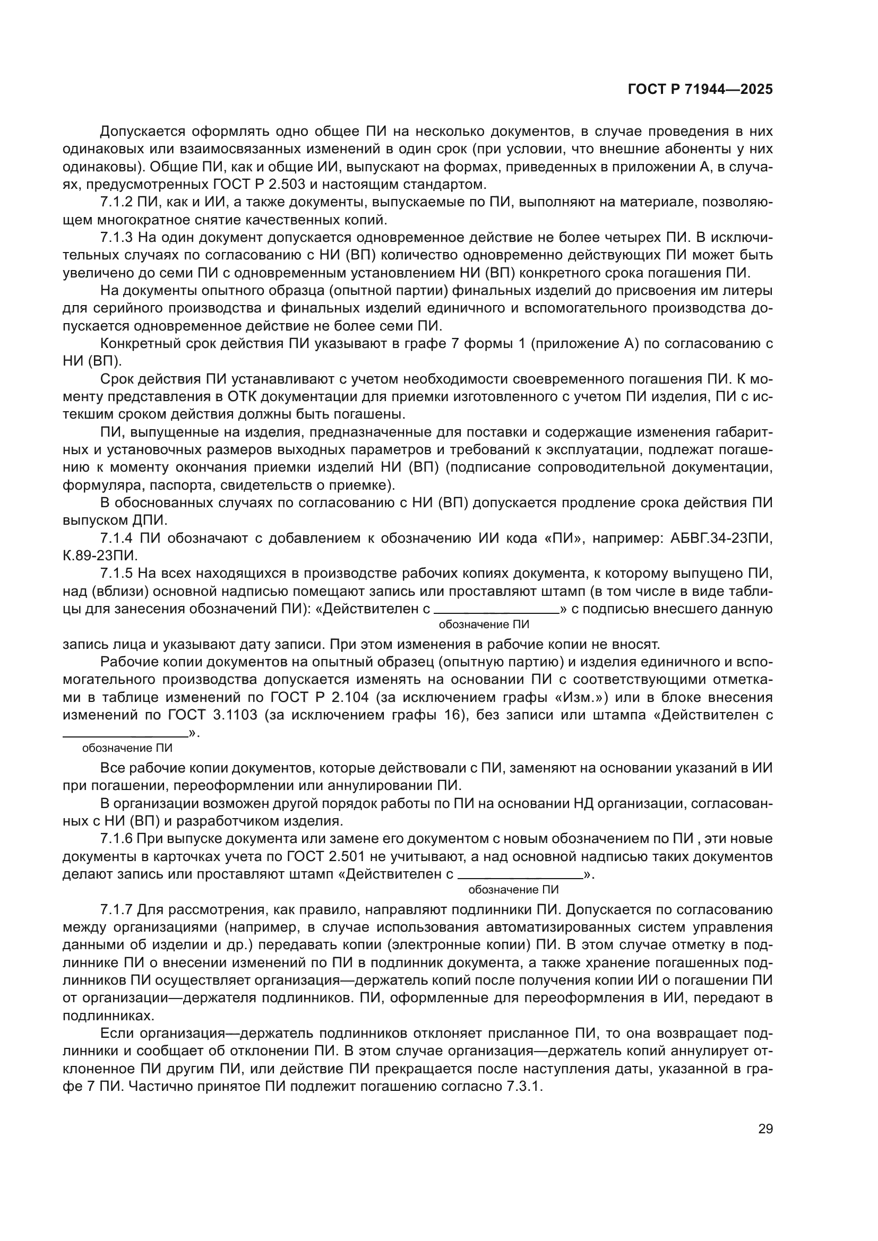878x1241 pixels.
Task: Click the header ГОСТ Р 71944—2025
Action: tap(700, 90)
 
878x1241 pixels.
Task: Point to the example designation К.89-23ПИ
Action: tap(100, 556)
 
